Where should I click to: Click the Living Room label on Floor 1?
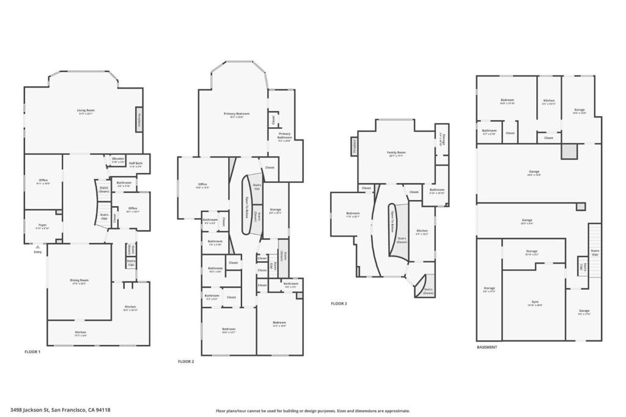click(x=86, y=111)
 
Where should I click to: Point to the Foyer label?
click(x=42, y=226)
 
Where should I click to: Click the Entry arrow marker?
click(x=38, y=247)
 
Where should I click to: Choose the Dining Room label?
click(x=79, y=282)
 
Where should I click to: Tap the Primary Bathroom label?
click(x=284, y=135)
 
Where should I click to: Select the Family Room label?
click(x=396, y=153)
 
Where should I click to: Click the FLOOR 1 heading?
click(x=32, y=352)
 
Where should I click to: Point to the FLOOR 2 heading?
click(x=186, y=361)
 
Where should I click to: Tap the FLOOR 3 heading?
click(x=339, y=303)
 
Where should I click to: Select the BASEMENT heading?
click(x=487, y=347)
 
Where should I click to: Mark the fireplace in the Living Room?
click(x=139, y=120)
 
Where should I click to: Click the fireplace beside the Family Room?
click(x=355, y=146)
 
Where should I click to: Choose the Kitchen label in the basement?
click(x=549, y=101)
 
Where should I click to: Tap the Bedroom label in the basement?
click(x=507, y=101)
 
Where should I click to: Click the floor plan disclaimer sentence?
click(x=312, y=411)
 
